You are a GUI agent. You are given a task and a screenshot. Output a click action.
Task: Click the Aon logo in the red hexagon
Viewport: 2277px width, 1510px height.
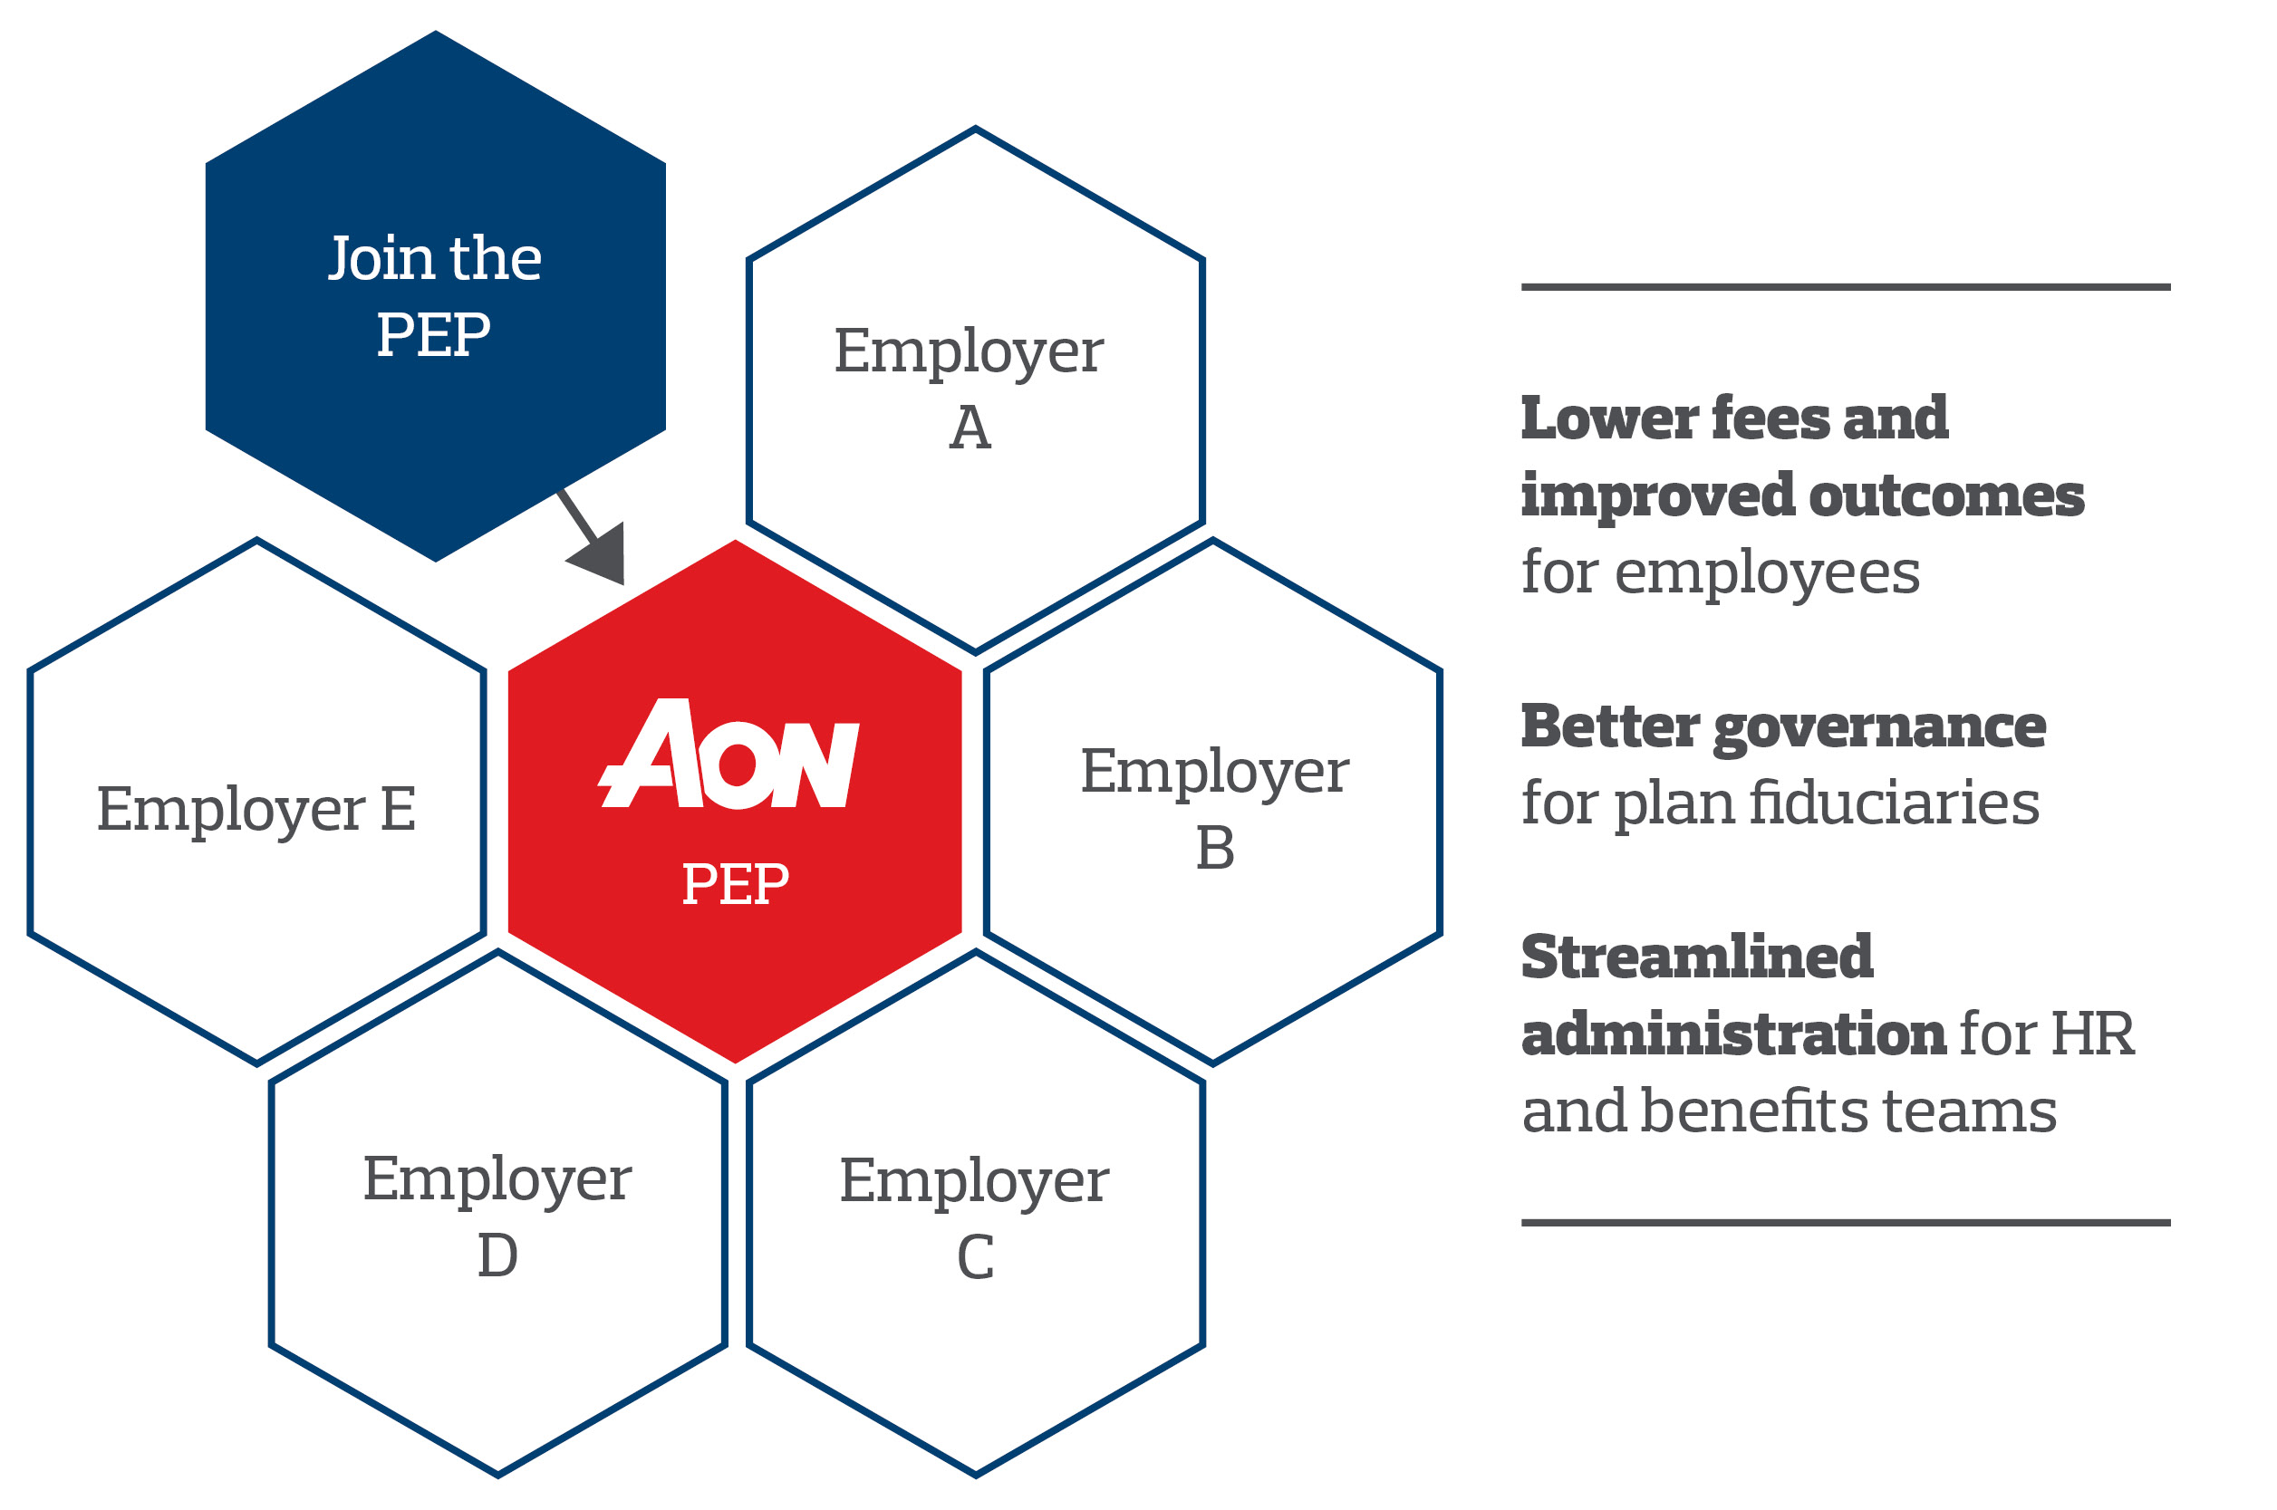pyautogui.click(x=728, y=754)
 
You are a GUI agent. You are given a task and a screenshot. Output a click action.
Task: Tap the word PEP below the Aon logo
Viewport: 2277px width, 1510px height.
pyautogui.click(x=735, y=884)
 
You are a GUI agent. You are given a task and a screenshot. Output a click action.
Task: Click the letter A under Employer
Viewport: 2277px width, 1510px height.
pyautogui.click(x=970, y=428)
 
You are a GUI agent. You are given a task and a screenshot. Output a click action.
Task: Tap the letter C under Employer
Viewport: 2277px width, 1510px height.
pyautogui.click(x=975, y=1257)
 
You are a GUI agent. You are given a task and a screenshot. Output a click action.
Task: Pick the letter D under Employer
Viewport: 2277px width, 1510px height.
pyautogui.click(x=497, y=1255)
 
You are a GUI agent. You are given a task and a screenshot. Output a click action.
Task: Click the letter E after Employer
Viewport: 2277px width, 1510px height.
pyautogui.click(x=398, y=809)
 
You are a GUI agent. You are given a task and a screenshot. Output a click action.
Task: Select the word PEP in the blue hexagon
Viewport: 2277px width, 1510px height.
pyautogui.click(x=433, y=335)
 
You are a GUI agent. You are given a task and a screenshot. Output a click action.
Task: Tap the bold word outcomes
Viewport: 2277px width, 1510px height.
pyautogui.click(x=1946, y=497)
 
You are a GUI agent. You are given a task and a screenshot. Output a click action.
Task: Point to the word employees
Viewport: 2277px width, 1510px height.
pyautogui.click(x=1767, y=575)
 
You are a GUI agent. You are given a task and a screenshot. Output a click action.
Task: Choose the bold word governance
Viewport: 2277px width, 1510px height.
pyautogui.click(x=1879, y=729)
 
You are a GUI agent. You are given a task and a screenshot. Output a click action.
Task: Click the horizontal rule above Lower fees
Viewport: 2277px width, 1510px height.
pyautogui.click(x=1846, y=287)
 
